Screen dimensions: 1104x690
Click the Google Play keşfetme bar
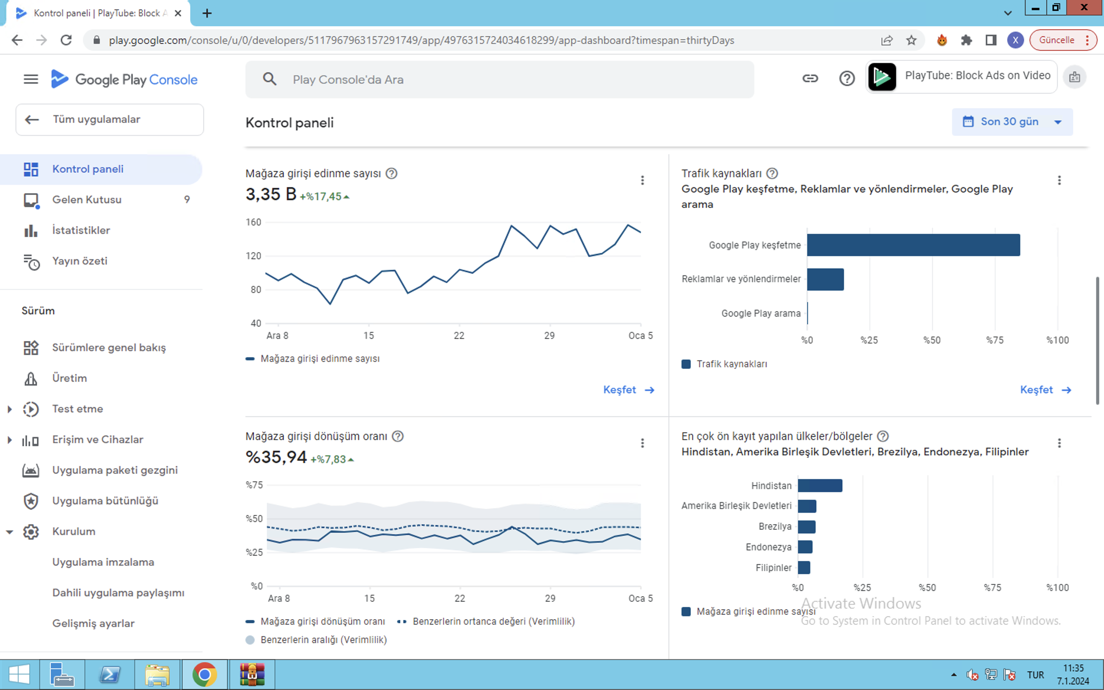coord(913,245)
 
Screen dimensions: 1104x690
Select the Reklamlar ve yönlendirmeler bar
coord(825,279)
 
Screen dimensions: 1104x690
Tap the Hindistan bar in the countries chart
coord(820,486)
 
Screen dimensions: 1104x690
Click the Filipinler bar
coord(804,568)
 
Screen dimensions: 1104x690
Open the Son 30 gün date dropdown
coord(1012,122)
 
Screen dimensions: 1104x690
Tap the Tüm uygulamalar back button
coord(110,120)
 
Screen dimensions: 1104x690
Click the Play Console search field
coord(499,79)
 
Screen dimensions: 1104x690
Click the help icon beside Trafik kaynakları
coord(772,173)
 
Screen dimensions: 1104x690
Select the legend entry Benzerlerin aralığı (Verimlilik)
coord(316,640)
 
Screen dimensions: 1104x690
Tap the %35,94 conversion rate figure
coord(276,457)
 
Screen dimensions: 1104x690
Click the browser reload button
coord(66,40)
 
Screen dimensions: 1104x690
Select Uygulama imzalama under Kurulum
coord(103,562)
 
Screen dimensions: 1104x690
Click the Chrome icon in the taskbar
coord(204,675)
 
